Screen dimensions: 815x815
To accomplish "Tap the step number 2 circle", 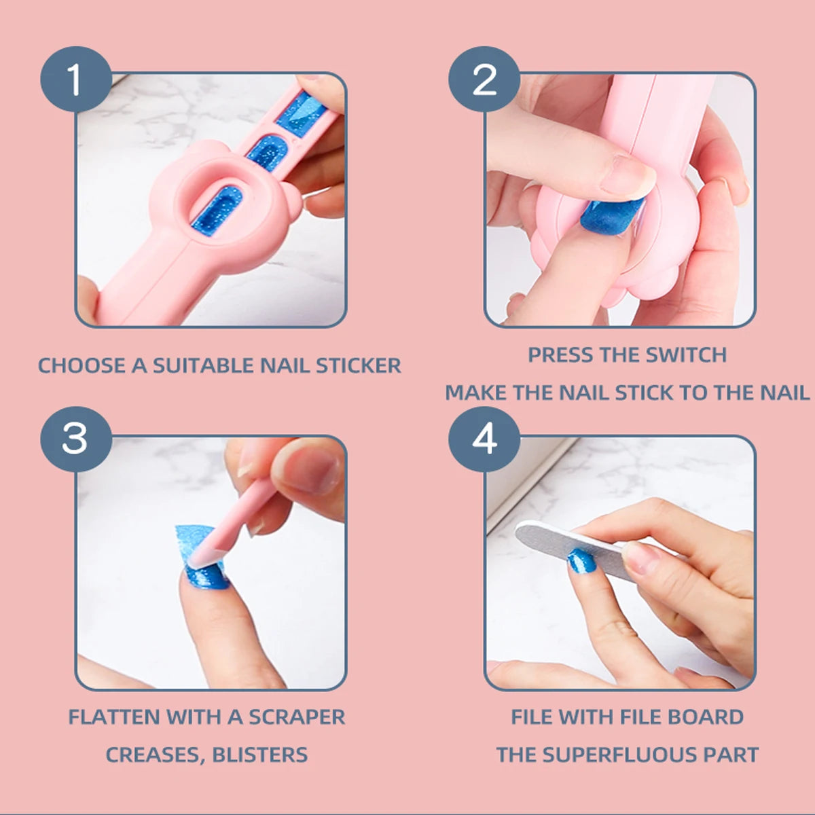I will click(484, 79).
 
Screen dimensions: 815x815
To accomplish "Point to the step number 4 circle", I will click(484, 439).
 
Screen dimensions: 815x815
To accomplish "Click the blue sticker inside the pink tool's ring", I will click(216, 211).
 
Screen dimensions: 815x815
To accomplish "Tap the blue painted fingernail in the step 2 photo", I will click(611, 216).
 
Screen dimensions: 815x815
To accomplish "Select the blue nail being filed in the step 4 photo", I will click(581, 562).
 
